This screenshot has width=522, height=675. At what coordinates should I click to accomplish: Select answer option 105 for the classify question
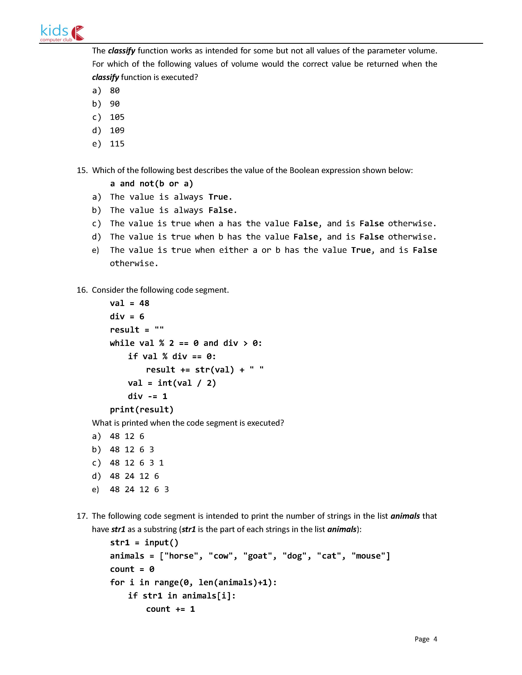117,117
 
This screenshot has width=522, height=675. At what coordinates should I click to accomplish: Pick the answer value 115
117,144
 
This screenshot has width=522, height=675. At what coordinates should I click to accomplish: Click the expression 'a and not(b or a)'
151,184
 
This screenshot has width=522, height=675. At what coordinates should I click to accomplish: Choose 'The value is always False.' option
173,210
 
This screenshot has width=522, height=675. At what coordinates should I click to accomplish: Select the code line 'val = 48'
129,303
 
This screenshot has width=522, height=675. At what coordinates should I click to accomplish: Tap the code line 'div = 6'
127,316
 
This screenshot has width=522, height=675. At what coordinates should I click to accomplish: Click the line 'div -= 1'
148,396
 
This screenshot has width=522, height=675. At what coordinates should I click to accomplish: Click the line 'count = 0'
132,569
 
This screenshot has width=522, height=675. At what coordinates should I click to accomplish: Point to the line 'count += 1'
170,609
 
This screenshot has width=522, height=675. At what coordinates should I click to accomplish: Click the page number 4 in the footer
435,639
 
